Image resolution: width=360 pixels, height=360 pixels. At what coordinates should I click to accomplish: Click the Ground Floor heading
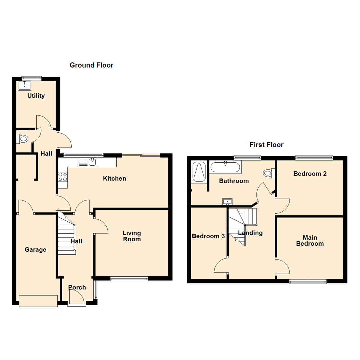[91, 65]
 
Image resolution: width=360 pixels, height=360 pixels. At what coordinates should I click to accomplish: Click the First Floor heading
[266, 145]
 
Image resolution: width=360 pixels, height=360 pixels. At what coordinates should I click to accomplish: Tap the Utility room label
[36, 96]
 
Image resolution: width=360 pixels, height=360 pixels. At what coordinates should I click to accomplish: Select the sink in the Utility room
[24, 85]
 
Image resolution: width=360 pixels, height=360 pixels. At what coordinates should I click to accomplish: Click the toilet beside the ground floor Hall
[23, 139]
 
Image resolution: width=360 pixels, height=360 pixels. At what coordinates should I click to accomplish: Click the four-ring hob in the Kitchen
[62, 177]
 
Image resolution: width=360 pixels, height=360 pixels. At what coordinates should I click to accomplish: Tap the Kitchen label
[114, 179]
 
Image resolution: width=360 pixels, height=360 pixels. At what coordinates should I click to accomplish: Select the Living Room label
[131, 236]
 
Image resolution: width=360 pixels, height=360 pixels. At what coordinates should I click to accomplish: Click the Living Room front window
[129, 279]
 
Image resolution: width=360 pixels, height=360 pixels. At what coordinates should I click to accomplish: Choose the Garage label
[35, 250]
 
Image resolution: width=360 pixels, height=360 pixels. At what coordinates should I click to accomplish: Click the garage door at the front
[38, 301]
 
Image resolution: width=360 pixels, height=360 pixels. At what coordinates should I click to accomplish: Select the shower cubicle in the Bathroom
[200, 171]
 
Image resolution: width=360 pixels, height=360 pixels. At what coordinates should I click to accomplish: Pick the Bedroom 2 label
[310, 174]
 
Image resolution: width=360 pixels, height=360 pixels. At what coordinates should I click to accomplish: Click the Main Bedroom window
[308, 282]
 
